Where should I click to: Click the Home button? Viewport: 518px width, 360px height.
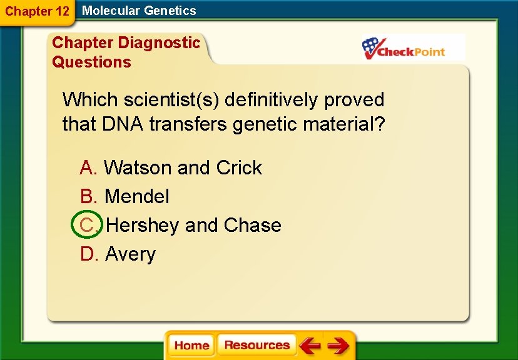(191, 346)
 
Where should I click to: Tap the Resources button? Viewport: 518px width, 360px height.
(256, 345)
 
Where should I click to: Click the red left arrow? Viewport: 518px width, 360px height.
(309, 345)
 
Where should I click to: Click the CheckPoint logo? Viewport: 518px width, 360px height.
(413, 47)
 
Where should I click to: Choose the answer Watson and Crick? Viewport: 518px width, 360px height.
(183, 167)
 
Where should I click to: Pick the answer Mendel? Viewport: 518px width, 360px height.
(136, 196)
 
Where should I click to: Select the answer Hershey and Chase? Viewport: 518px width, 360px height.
(193, 225)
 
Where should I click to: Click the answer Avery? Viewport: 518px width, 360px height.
(130, 254)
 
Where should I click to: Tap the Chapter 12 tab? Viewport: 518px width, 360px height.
(37, 11)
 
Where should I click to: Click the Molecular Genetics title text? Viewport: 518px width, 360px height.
(139, 11)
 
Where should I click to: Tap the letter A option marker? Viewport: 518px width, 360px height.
(88, 167)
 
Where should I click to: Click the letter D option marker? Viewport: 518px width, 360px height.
(88, 254)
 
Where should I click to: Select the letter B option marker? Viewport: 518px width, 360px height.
(88, 196)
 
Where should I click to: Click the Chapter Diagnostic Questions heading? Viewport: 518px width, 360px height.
(125, 52)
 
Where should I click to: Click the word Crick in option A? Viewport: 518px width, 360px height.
(239, 167)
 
